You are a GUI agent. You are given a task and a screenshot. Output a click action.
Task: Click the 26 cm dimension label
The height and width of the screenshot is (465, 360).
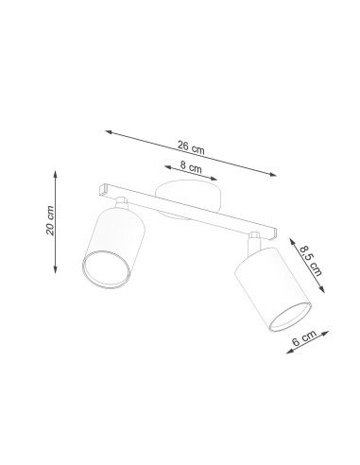point(191,147)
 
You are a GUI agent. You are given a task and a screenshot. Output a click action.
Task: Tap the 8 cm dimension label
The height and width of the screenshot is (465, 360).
point(191,166)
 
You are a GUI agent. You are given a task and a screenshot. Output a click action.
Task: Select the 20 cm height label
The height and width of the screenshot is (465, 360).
point(50,220)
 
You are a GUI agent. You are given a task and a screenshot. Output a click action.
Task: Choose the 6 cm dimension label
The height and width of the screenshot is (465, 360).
point(304,338)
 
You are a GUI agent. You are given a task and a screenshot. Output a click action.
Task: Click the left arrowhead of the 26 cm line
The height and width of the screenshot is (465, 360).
point(109,132)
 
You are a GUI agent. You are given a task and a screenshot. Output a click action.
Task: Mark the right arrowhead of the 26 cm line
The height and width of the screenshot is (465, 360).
point(272,174)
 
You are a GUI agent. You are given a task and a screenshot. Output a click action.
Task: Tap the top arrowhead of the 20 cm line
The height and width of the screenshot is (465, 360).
point(56,174)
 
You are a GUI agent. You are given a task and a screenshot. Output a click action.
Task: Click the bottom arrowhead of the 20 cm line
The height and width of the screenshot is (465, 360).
point(56,269)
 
